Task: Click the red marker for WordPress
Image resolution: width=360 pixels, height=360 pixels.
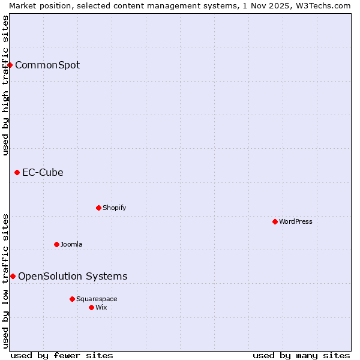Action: click(x=275, y=221)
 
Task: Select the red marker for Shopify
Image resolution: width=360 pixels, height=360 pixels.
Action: click(x=98, y=208)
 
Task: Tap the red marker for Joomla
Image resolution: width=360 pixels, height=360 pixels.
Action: click(x=56, y=244)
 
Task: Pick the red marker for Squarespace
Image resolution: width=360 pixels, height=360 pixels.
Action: click(x=72, y=299)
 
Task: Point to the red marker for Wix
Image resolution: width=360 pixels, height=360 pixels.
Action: click(x=91, y=307)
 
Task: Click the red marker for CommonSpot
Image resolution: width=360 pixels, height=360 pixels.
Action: click(x=10, y=65)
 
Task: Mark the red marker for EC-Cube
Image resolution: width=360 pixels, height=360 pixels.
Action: click(x=17, y=173)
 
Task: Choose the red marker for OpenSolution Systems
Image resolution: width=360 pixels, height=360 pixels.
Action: click(x=13, y=276)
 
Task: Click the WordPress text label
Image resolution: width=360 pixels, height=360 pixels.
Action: click(x=296, y=221)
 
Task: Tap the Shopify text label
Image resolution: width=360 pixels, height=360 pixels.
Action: click(x=114, y=208)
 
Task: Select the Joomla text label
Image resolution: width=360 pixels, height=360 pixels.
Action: click(x=71, y=244)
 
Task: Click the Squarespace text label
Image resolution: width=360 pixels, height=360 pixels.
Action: click(x=97, y=299)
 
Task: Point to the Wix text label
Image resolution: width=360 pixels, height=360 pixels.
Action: click(x=101, y=307)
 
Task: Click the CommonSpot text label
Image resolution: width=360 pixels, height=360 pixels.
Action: click(x=47, y=65)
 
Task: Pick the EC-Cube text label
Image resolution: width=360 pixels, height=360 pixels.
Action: click(x=43, y=173)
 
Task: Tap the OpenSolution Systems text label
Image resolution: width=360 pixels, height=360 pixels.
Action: click(x=73, y=276)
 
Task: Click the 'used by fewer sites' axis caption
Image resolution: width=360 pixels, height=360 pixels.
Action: click(x=62, y=355)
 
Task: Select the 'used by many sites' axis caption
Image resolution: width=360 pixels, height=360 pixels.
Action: click(x=301, y=355)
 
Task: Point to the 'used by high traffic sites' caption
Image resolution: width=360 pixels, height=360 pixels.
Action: click(x=5, y=85)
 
